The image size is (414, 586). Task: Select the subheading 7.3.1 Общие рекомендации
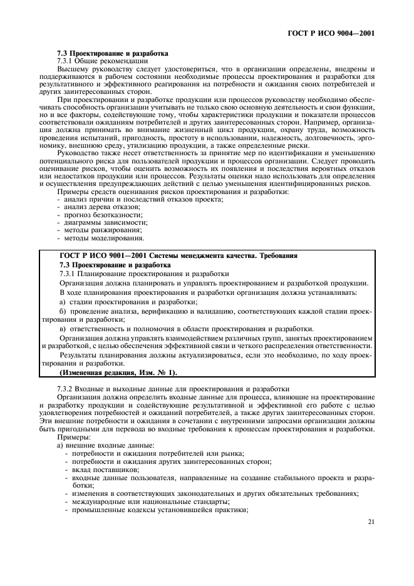(102, 61)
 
